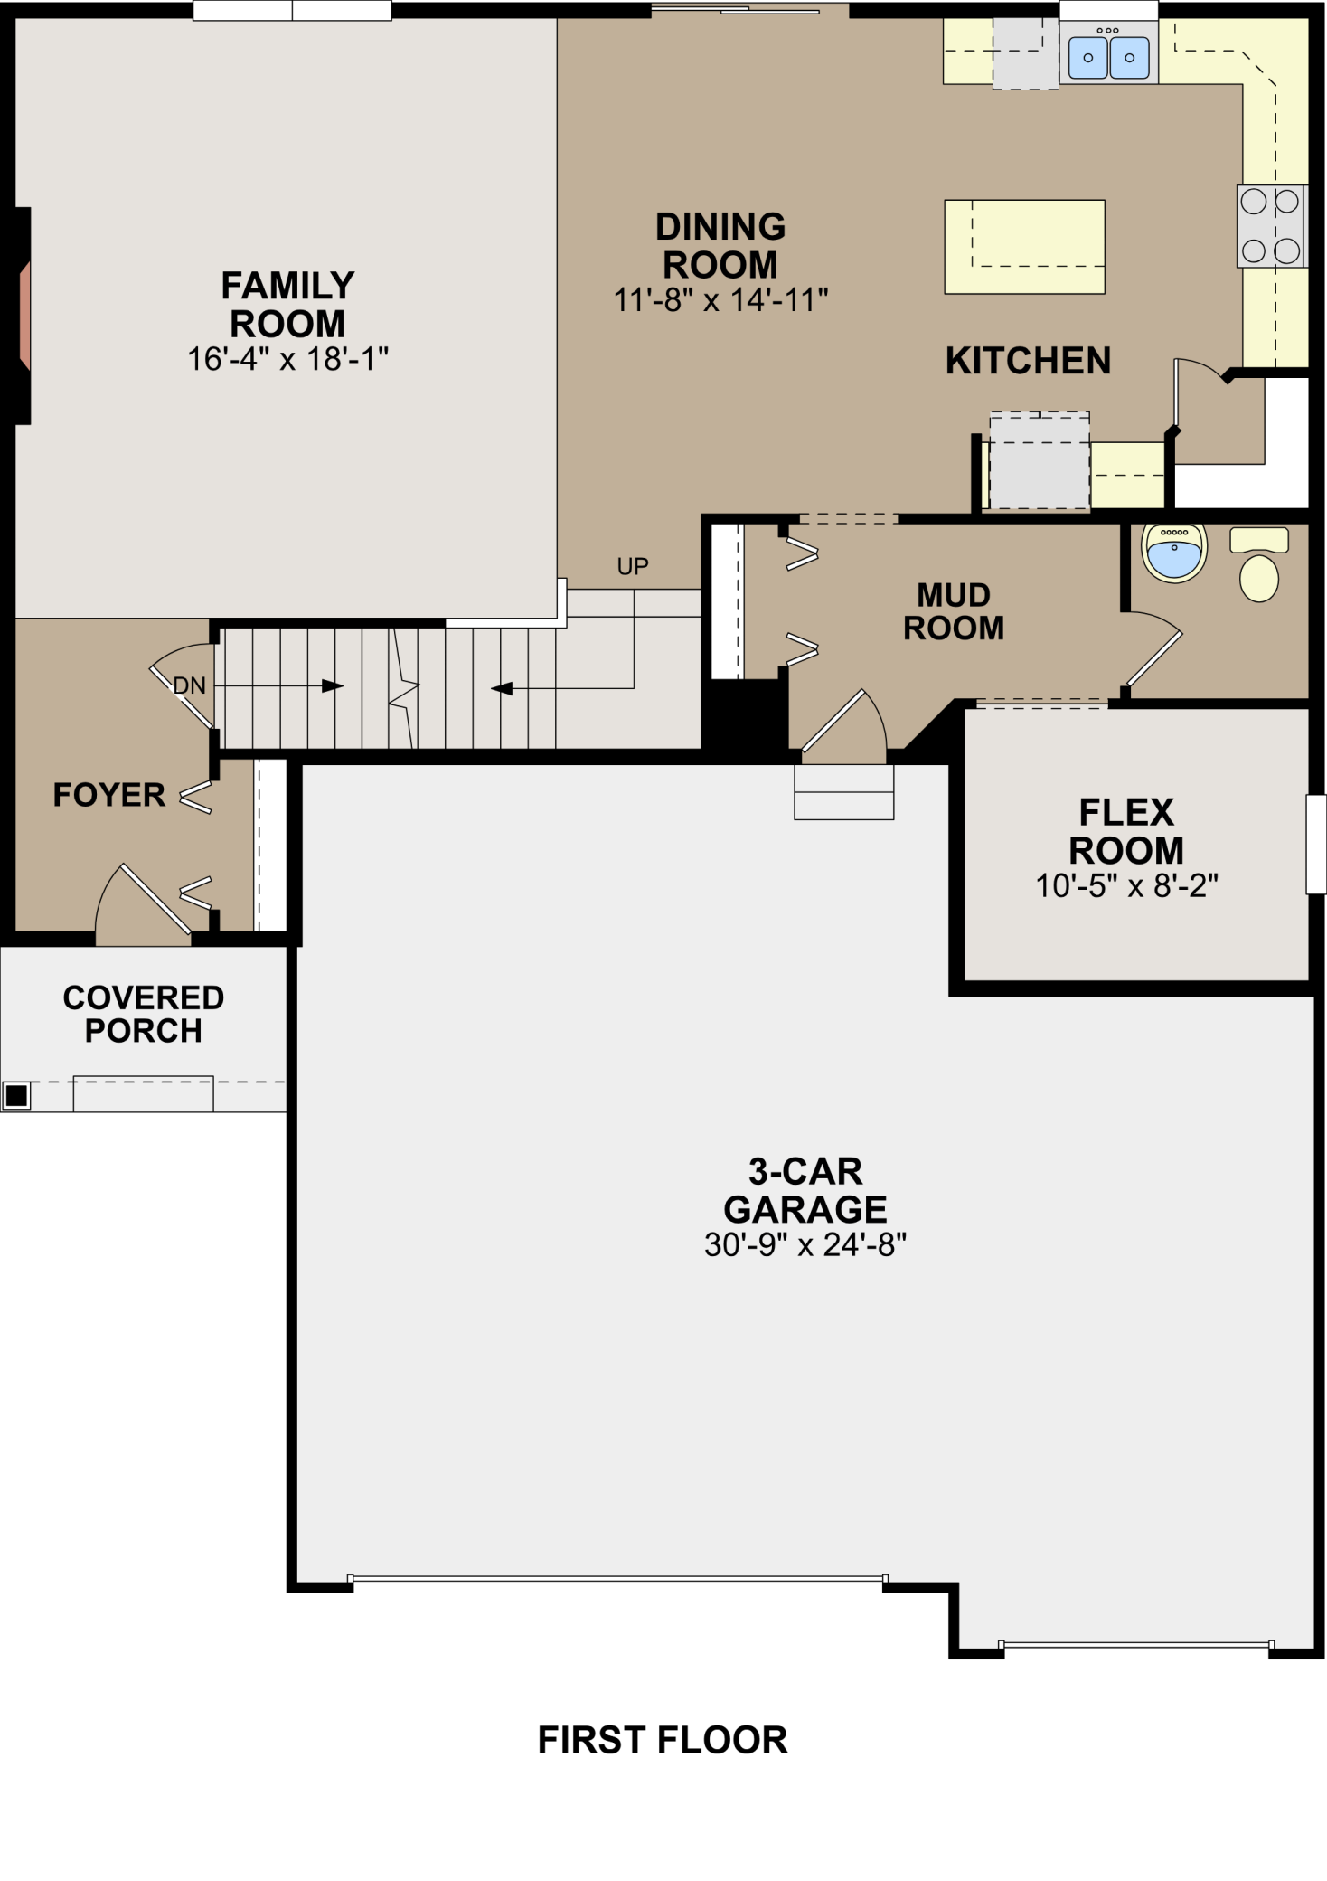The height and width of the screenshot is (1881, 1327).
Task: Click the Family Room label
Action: (x=287, y=305)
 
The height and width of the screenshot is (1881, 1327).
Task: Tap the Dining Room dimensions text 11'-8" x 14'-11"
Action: (x=720, y=300)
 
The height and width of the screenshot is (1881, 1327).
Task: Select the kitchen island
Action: (x=1024, y=247)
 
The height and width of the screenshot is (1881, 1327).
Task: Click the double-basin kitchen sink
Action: (x=1108, y=57)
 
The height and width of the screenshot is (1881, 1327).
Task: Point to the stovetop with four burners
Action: (x=1270, y=226)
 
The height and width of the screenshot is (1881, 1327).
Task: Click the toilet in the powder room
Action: (x=1259, y=564)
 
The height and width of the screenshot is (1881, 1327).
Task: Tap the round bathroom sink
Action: (x=1174, y=552)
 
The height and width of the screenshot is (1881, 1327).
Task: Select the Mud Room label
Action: (x=954, y=611)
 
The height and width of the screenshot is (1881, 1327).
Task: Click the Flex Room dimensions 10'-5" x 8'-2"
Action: (x=1126, y=886)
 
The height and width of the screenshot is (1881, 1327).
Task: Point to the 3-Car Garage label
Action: (x=805, y=1190)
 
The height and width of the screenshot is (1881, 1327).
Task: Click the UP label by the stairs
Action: (x=633, y=567)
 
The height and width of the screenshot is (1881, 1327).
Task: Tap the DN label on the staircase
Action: (x=190, y=686)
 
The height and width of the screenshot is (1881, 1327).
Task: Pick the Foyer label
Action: (x=108, y=795)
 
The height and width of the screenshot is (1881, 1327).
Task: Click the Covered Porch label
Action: (x=144, y=1014)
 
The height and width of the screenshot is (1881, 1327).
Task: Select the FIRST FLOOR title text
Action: (x=663, y=1740)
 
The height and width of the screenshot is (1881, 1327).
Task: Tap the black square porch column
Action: (x=16, y=1095)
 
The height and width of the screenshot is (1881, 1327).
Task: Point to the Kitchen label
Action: (x=1028, y=361)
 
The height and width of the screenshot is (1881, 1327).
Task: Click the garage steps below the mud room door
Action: (x=844, y=792)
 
